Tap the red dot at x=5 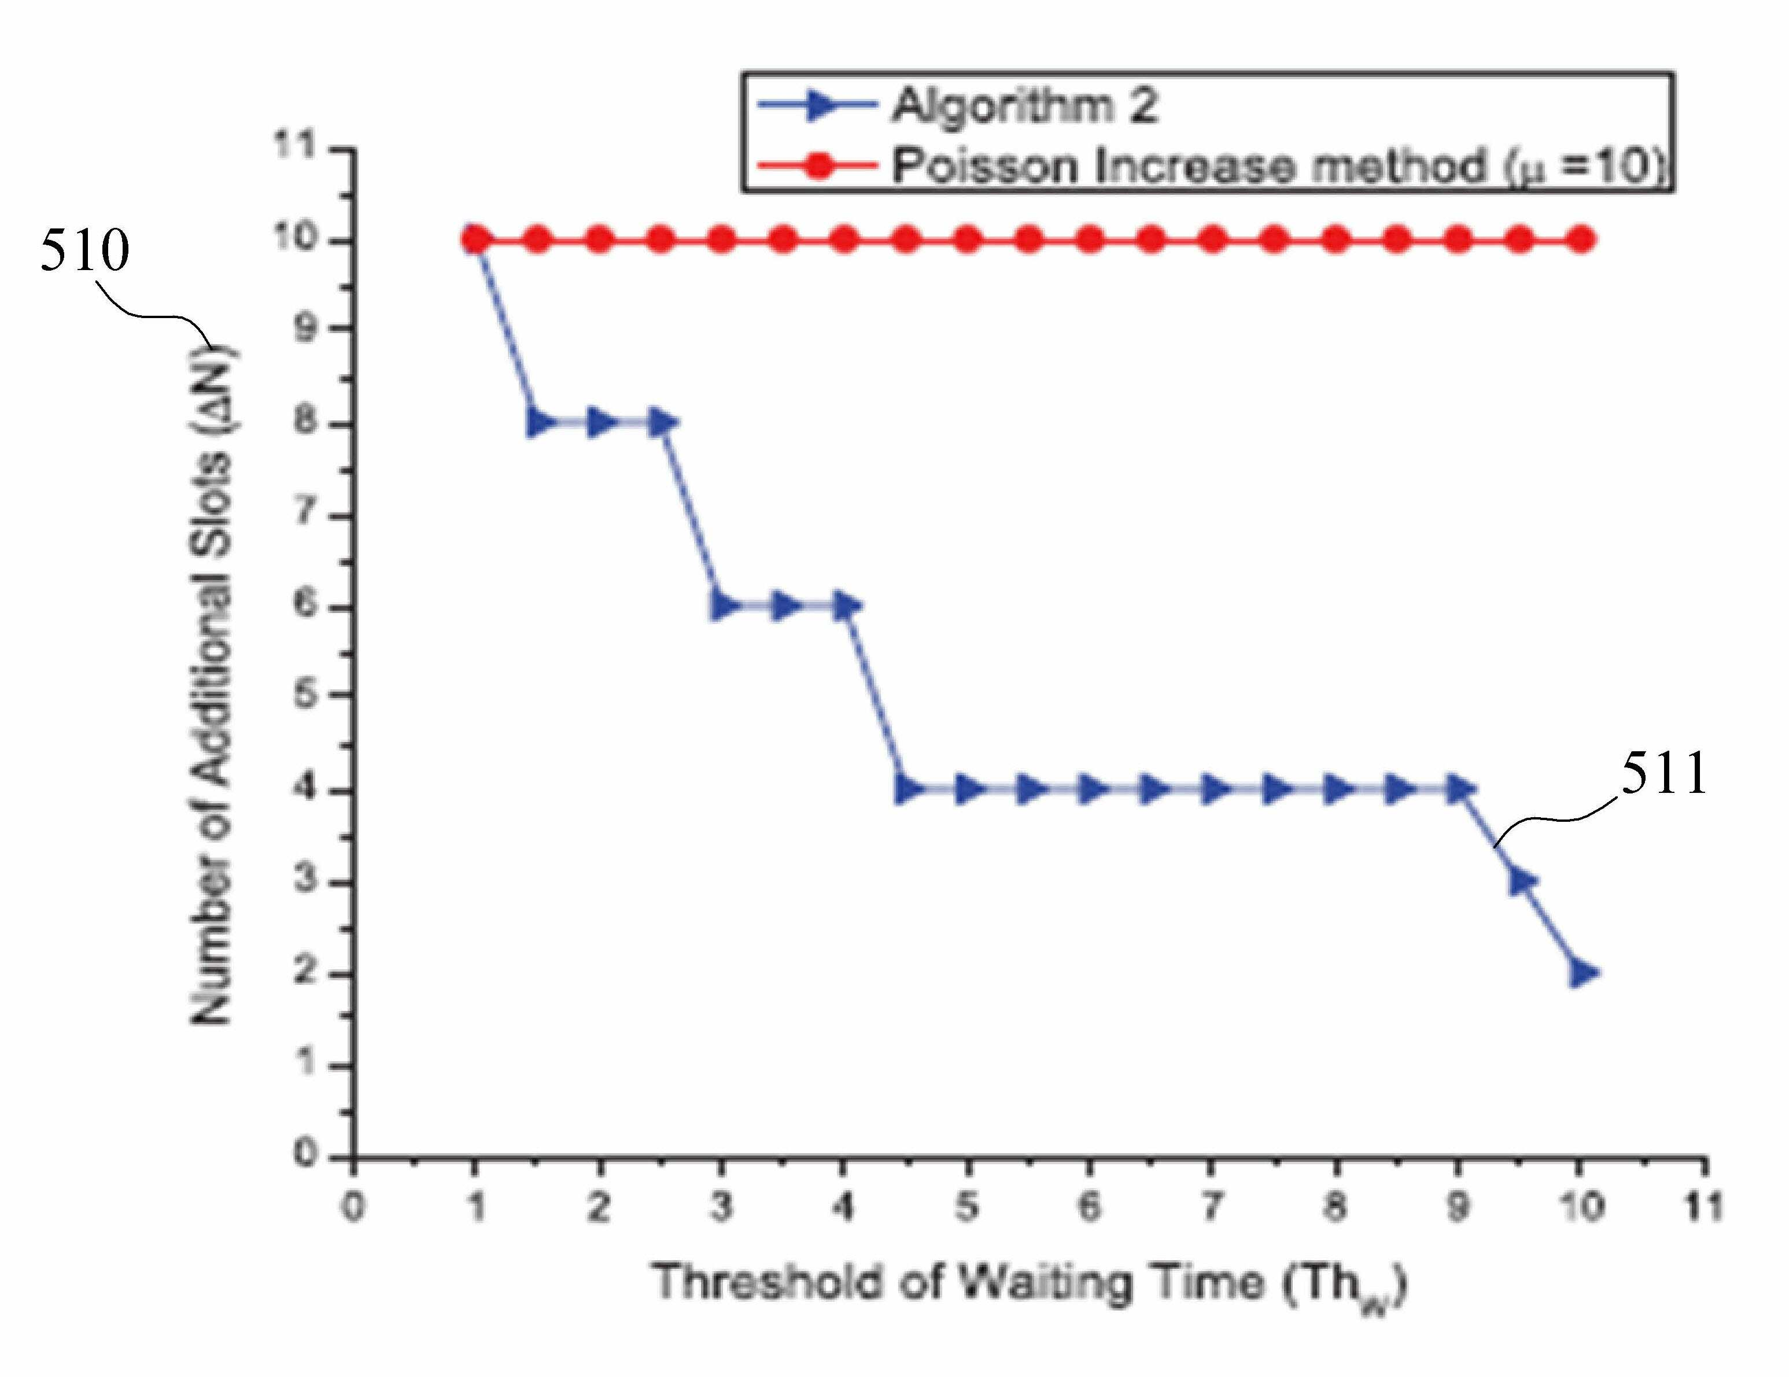[x=968, y=241]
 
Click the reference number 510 [x=85, y=250]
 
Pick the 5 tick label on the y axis [x=305, y=697]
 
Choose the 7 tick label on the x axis [x=1212, y=1206]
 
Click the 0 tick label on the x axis [x=353, y=1206]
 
